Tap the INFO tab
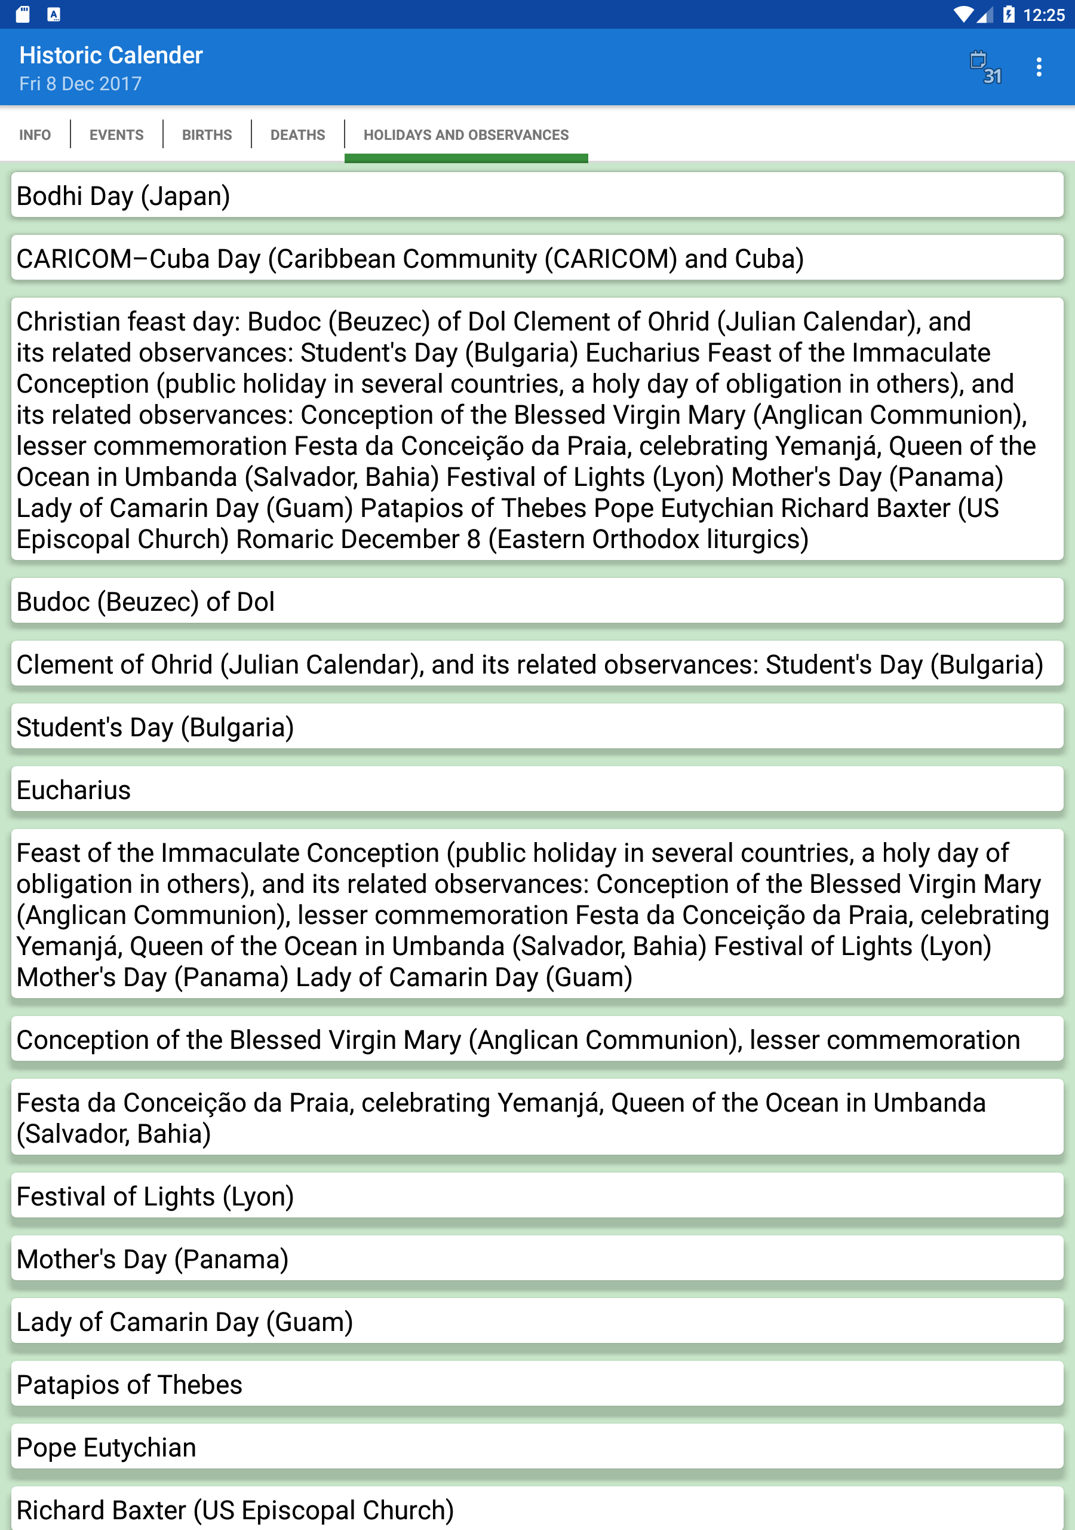coord(35,134)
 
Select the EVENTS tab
coord(116,134)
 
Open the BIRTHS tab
coord(207,134)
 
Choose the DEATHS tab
coord(298,134)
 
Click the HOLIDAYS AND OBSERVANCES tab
coord(466,134)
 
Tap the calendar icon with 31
coord(985,66)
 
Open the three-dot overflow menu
coord(1039,66)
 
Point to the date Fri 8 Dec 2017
coord(80,84)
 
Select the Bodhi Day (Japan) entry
coord(537,196)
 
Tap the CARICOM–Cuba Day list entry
coord(537,259)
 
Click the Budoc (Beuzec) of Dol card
coord(537,602)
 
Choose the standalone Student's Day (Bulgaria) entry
coord(537,727)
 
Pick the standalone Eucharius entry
coord(537,790)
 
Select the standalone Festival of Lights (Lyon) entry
coord(537,1196)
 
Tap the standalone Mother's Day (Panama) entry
coord(537,1259)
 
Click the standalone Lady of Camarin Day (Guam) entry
coord(537,1321)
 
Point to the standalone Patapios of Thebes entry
coord(537,1384)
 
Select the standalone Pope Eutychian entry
coord(537,1447)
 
